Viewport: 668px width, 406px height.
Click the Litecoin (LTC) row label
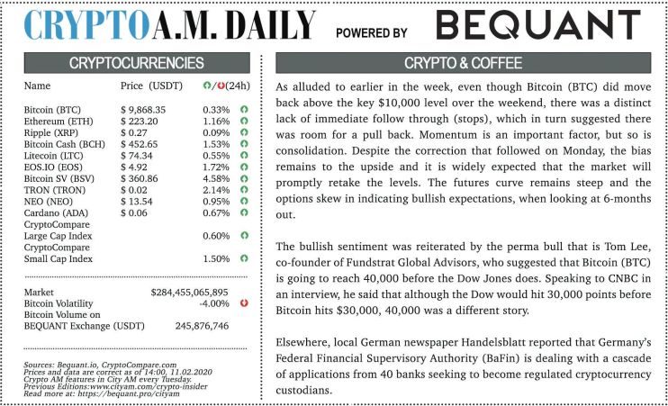(x=53, y=155)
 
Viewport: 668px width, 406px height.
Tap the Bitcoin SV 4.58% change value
(x=216, y=178)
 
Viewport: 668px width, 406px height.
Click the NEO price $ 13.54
(x=140, y=202)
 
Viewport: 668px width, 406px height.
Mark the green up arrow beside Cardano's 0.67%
(x=243, y=213)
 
